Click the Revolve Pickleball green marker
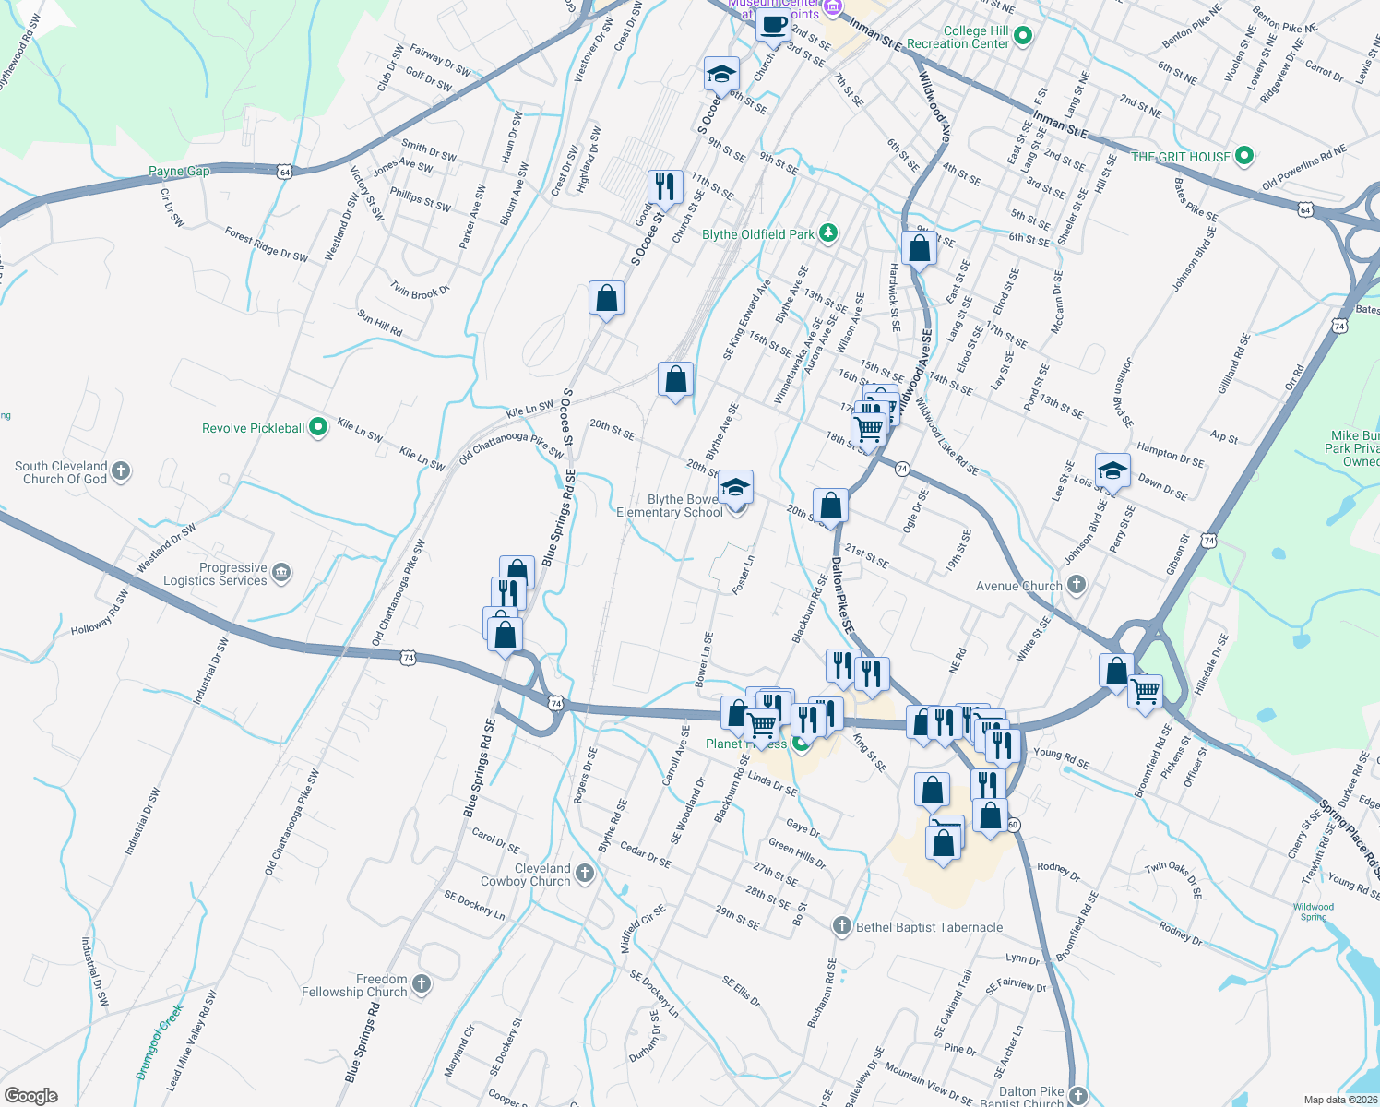click(318, 427)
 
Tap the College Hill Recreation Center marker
click(1022, 37)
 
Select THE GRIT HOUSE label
click(1181, 157)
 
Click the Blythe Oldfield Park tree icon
click(828, 233)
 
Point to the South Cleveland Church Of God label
click(61, 472)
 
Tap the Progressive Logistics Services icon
click(281, 573)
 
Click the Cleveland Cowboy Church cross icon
click(585, 873)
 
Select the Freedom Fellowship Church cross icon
click(421, 984)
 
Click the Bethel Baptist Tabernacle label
click(929, 927)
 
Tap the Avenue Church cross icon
click(1077, 585)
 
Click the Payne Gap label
click(179, 171)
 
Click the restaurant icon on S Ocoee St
click(665, 186)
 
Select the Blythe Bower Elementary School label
click(671, 506)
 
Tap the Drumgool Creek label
click(160, 1042)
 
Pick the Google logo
click(31, 1096)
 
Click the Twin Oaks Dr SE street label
click(1173, 879)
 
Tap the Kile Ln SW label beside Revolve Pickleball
click(360, 430)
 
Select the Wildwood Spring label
click(1314, 911)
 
